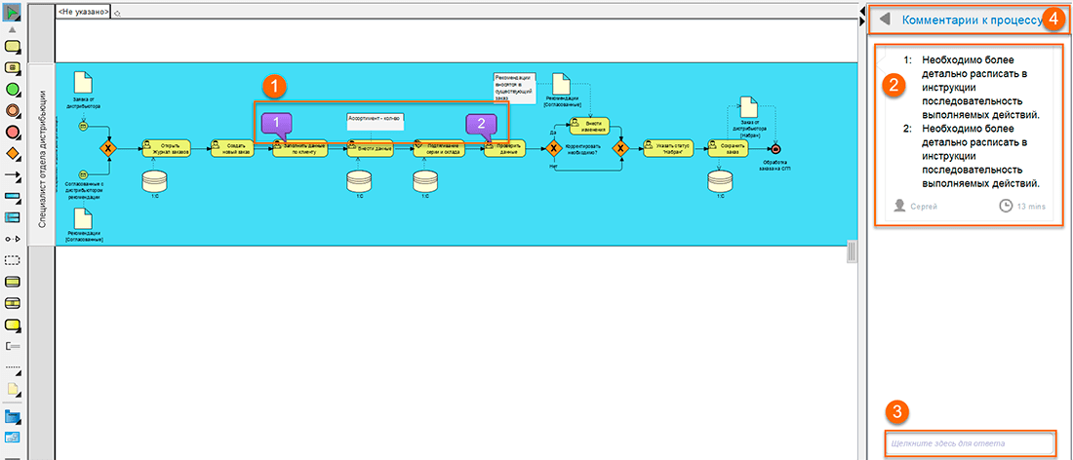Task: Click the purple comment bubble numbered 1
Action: [x=278, y=123]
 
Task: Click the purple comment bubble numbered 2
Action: [x=482, y=123]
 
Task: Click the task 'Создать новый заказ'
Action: [x=232, y=148]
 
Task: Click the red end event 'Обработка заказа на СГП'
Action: [x=775, y=148]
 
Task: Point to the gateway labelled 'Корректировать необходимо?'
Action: [x=553, y=148]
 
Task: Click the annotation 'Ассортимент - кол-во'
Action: [x=376, y=119]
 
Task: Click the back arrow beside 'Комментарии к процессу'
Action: [x=885, y=19]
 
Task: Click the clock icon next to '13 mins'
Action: [x=1006, y=206]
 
